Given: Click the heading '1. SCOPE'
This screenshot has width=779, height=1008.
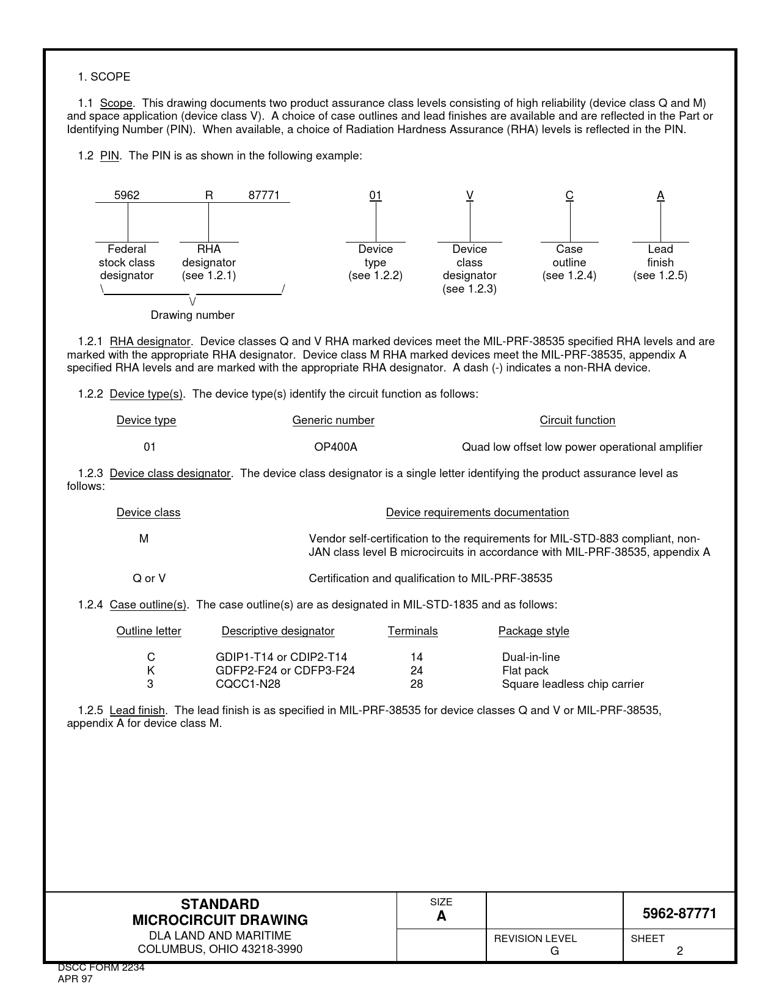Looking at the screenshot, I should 104,77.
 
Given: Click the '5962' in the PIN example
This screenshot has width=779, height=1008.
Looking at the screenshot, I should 127,195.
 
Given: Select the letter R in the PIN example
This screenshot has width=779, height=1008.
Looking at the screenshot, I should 209,195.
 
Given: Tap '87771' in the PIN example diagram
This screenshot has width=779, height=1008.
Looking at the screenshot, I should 264,195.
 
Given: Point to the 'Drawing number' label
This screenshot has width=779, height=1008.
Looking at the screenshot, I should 192,315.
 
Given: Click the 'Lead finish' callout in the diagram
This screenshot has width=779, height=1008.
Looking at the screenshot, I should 660,262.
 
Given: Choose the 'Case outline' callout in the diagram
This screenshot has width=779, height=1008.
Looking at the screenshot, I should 569,262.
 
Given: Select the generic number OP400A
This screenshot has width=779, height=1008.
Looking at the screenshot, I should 335,447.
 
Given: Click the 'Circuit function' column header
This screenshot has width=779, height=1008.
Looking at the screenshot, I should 577,420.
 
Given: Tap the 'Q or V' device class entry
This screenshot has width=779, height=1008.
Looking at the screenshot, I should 149,579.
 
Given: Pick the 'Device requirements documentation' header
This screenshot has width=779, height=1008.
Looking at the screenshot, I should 477,513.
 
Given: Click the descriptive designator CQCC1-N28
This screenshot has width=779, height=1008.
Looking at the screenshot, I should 248,684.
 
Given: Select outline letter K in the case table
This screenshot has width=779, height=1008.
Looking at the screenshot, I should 151,671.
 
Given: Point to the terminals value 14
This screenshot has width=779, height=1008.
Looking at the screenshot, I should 417,657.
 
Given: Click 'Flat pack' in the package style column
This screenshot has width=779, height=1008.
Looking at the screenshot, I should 525,671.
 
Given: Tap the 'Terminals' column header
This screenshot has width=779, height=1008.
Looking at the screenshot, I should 413,631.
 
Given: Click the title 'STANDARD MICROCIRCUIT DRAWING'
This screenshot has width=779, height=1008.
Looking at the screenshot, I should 220,912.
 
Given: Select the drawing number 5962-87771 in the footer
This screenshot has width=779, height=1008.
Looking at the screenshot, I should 679,913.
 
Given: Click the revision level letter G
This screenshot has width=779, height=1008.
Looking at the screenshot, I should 554,951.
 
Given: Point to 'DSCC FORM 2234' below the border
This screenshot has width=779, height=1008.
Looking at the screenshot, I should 101,968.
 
